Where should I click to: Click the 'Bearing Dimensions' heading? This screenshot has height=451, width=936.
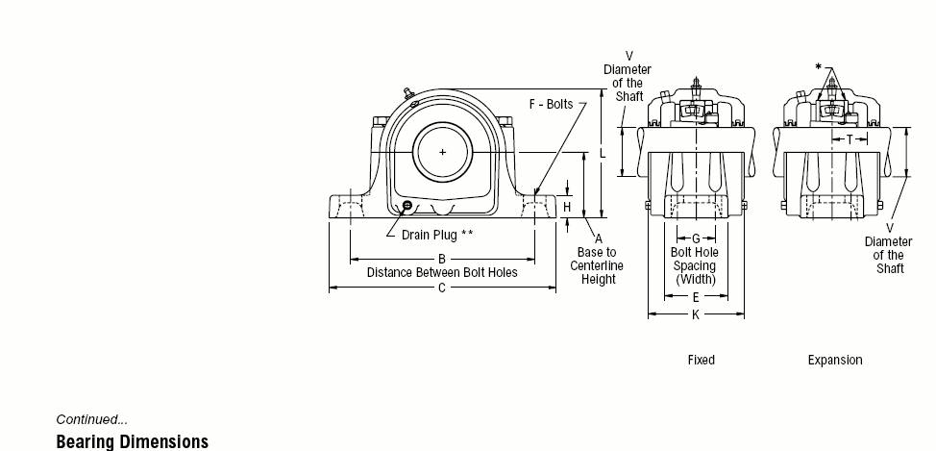tap(133, 442)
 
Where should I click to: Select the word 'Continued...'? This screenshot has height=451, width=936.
tap(92, 419)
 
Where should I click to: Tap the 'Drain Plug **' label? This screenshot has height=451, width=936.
tap(437, 235)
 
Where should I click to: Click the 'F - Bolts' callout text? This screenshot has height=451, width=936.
tap(551, 105)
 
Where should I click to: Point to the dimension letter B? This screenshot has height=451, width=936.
tap(442, 260)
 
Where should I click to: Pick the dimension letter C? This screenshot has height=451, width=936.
tap(442, 288)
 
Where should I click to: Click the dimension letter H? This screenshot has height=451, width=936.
tap(567, 208)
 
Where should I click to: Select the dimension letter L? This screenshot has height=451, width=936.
tap(603, 154)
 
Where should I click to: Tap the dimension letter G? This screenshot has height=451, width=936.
tap(696, 238)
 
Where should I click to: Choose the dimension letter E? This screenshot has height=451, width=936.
tap(696, 297)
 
